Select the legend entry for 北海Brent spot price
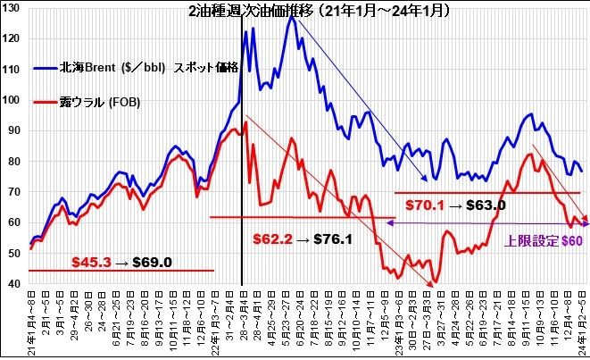(148, 69)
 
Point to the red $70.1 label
(425, 205)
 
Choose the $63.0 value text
(486, 205)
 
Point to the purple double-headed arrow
(491, 223)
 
